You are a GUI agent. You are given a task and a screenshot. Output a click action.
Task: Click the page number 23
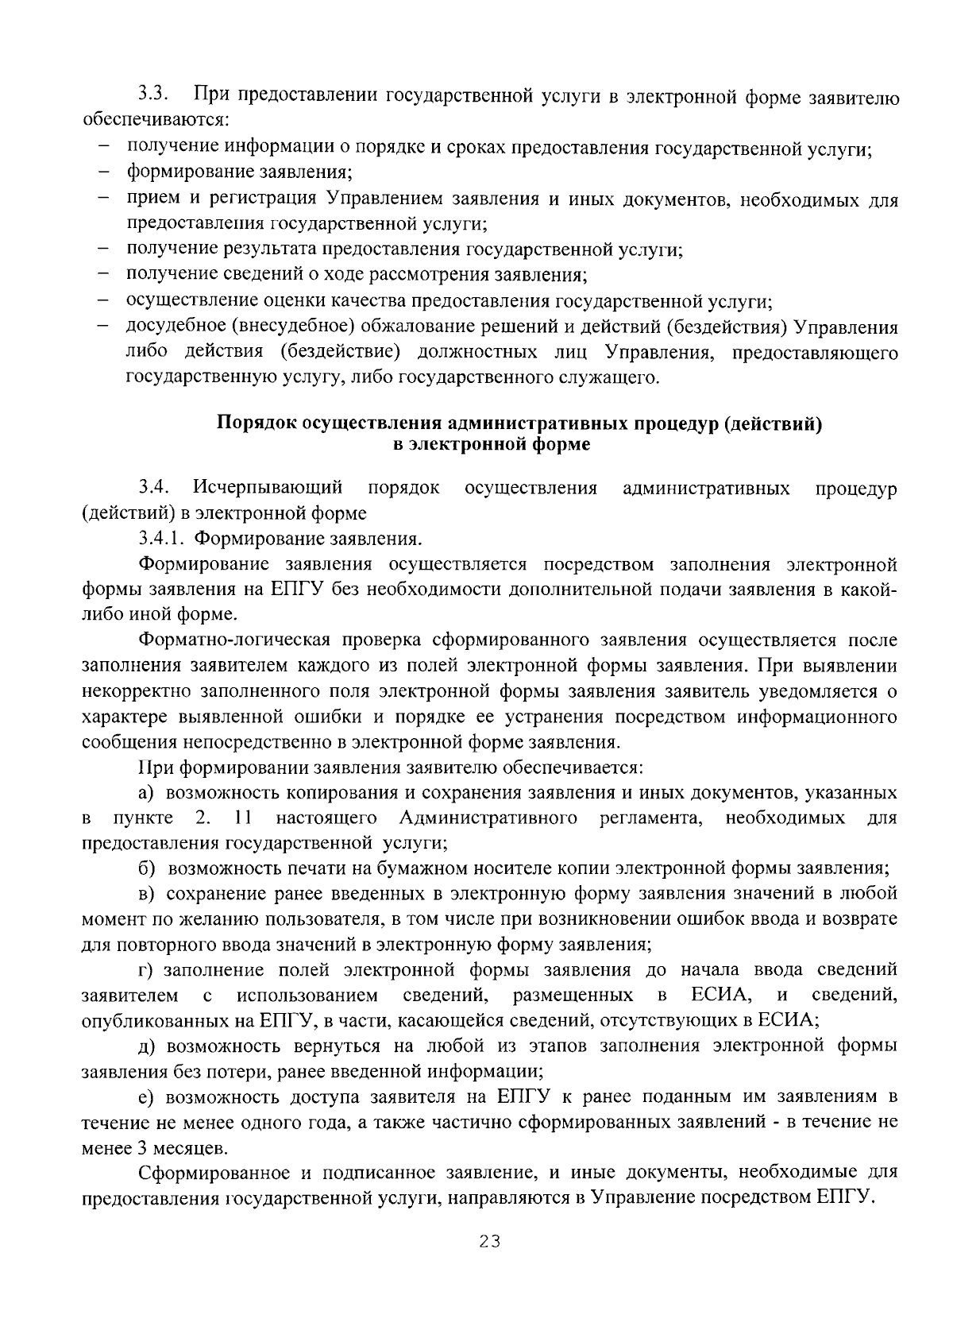click(x=490, y=1242)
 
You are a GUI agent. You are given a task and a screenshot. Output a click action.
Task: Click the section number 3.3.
click(x=152, y=95)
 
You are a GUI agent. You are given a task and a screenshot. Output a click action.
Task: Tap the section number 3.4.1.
click(x=161, y=539)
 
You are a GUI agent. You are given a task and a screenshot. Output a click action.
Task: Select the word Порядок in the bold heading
click(x=254, y=423)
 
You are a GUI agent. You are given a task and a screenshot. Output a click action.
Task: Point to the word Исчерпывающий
click(x=268, y=487)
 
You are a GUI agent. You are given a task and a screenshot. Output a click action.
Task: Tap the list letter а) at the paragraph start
click(x=147, y=792)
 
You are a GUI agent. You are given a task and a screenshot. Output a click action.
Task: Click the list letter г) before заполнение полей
click(x=147, y=969)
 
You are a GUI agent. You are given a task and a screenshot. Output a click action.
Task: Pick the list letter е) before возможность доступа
click(x=147, y=1097)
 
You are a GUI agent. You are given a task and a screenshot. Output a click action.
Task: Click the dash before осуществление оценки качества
click(x=104, y=301)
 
